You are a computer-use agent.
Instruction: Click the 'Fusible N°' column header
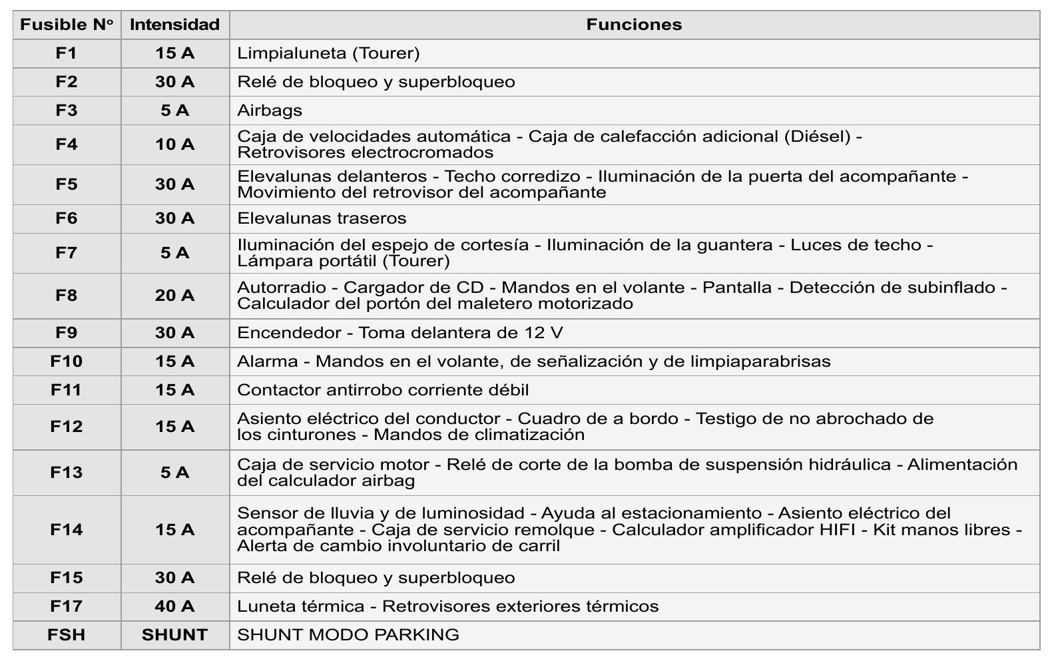click(67, 25)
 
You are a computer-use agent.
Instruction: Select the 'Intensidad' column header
click(174, 25)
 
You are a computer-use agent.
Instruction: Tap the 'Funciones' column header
click(634, 25)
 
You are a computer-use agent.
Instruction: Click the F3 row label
click(67, 110)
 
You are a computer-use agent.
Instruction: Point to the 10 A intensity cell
click(174, 144)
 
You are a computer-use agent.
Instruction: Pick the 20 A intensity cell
click(174, 296)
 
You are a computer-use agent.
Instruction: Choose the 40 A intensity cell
click(174, 606)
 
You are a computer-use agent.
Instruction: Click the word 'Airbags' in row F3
click(270, 110)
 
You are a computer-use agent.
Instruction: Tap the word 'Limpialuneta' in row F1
click(292, 53)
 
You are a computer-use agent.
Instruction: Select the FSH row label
click(67, 635)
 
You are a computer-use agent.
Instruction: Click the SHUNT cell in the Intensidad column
click(174, 635)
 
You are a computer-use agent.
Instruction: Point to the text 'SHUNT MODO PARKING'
click(348, 635)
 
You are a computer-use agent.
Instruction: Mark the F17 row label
click(67, 606)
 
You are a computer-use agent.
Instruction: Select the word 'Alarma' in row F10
click(268, 361)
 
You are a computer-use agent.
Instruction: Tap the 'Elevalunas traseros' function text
click(322, 218)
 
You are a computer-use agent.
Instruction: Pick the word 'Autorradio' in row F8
click(282, 288)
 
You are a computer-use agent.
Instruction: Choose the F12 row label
click(67, 427)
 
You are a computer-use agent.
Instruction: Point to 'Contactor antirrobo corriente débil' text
click(383, 390)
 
